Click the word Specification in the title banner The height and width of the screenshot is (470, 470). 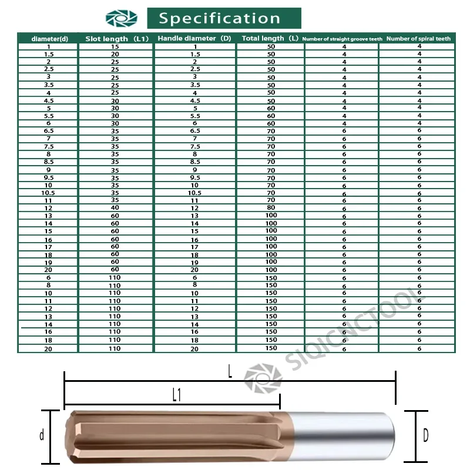coord(219,19)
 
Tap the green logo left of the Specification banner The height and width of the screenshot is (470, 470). coord(122,18)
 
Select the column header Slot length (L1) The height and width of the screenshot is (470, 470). coord(117,39)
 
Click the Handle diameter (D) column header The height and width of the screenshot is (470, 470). coord(194,38)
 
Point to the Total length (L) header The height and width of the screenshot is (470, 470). coord(270,38)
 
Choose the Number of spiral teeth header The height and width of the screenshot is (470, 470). coord(418,39)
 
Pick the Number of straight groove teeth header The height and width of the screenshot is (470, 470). coord(343,39)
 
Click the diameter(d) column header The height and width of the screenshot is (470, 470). coord(50,39)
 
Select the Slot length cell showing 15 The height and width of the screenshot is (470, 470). coord(115,47)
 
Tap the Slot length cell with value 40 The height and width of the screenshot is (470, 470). coord(115,208)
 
